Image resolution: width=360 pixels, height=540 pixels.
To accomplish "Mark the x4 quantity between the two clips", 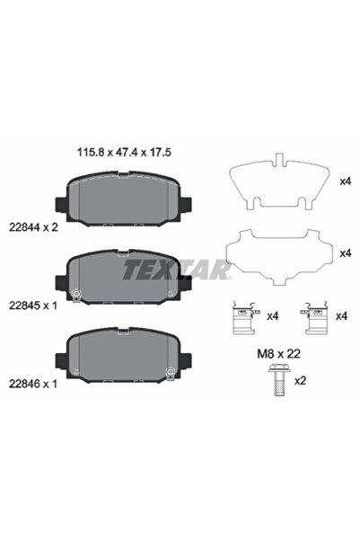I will point(273,316).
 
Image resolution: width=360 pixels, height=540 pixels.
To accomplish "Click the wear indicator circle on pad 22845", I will point(76,294).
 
